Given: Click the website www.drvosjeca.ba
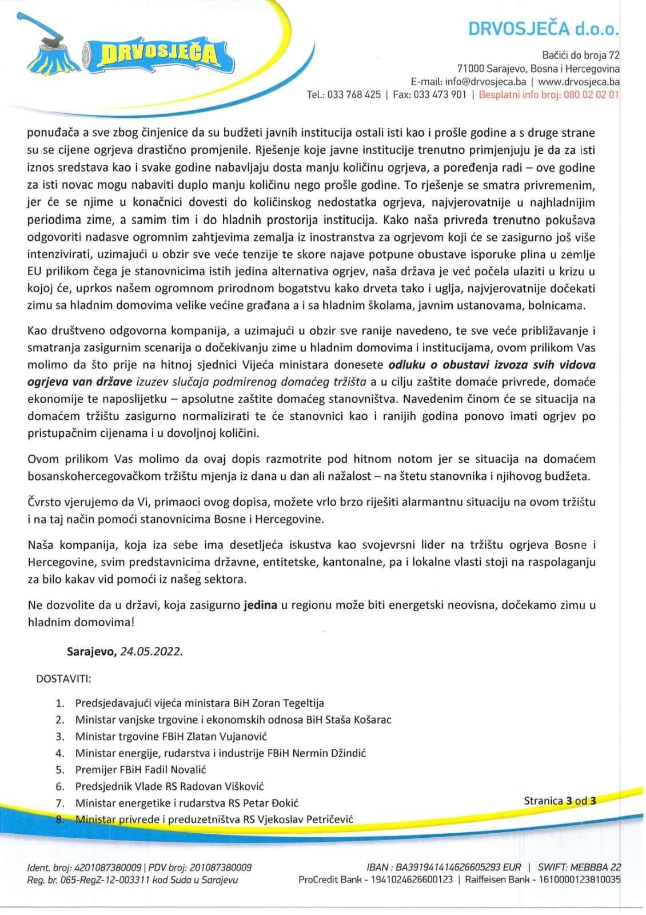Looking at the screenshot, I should (579, 81).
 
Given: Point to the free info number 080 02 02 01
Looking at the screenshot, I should (591, 95).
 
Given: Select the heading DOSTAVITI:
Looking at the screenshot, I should (63, 679).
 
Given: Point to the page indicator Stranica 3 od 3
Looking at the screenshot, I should (560, 801).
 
